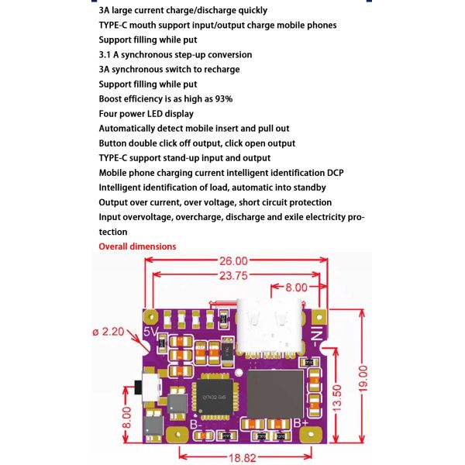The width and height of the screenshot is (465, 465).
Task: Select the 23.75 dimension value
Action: (230, 274)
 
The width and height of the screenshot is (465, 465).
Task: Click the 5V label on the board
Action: (151, 332)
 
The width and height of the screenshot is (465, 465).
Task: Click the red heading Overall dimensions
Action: (137, 246)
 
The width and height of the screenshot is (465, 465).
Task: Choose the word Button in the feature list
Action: (114, 143)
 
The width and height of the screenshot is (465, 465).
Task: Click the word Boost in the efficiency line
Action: (112, 98)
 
